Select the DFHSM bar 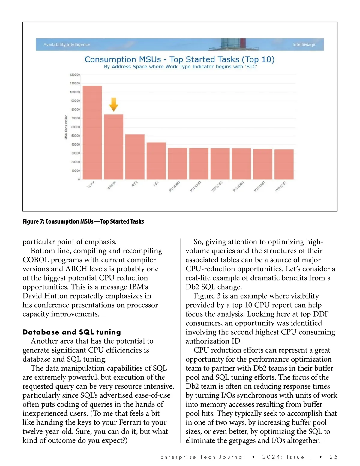coord(113,146)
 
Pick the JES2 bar coord(135,157)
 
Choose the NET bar coord(156,161)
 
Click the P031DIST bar coord(284,164)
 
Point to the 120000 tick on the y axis coord(75,75)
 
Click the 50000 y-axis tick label coord(75,136)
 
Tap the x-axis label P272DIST coord(174,186)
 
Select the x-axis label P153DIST coord(238,186)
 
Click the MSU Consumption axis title coord(66,127)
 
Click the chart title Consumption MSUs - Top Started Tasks coord(179,59)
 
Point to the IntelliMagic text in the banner coord(304,44)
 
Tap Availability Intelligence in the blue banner coord(67,44)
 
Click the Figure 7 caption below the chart coord(83,221)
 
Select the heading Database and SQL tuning coord(72,332)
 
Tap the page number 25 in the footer coord(333,457)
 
